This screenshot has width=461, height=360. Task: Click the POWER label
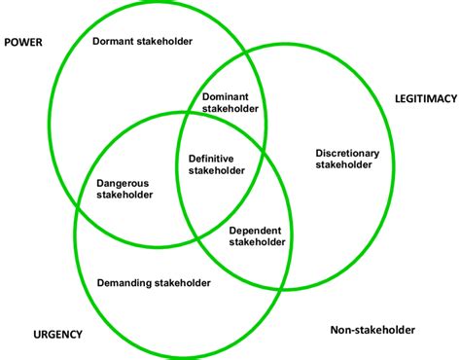coord(23,42)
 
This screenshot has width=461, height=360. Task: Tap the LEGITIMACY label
coord(424,98)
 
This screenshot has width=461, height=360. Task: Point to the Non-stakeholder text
coord(372,330)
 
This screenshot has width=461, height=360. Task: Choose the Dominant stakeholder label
coord(230,103)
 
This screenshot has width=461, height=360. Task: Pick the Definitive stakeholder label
coord(218,163)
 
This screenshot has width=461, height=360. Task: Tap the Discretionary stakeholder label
coord(347,159)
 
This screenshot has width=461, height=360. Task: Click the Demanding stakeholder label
coord(154,283)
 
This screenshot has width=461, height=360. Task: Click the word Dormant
coord(115,41)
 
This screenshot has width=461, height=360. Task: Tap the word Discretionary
coord(347,153)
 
